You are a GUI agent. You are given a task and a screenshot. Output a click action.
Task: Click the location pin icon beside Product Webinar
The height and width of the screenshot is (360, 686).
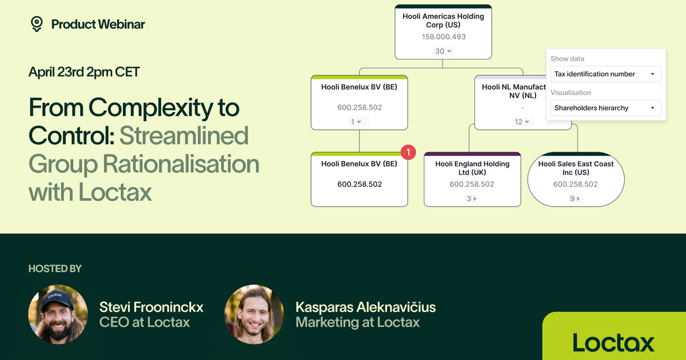[x=37, y=23]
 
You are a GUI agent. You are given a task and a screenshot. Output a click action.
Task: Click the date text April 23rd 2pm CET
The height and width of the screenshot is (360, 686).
[x=84, y=72]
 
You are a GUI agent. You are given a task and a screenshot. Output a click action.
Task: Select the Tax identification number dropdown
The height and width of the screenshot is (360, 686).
[x=605, y=74]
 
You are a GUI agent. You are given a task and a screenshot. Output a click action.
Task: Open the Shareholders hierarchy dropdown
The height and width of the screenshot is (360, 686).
[x=605, y=108]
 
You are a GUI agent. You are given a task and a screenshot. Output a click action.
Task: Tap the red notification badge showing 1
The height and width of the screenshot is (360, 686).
[x=408, y=152]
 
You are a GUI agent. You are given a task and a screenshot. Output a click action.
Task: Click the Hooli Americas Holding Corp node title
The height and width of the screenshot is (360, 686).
[x=443, y=21]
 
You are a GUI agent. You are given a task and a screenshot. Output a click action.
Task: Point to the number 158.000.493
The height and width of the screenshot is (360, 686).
[x=444, y=37]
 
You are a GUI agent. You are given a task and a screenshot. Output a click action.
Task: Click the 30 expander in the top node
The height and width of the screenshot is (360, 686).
[x=444, y=51]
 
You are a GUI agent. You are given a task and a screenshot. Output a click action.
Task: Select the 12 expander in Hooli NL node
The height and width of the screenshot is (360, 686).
[x=523, y=122]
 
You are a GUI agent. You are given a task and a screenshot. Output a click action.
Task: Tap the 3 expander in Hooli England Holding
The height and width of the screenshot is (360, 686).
[x=472, y=199]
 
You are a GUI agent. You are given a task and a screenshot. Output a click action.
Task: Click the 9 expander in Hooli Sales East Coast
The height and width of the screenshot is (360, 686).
[x=575, y=199]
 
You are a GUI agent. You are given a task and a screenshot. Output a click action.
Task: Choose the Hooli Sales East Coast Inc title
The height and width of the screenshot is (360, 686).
[x=576, y=168]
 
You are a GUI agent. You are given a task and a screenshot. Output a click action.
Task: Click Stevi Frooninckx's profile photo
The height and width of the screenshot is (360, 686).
[x=58, y=314]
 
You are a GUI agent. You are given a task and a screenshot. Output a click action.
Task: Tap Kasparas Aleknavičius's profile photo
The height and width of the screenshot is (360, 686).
[x=254, y=314]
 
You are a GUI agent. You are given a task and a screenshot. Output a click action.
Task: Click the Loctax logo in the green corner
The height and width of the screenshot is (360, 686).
[x=613, y=343]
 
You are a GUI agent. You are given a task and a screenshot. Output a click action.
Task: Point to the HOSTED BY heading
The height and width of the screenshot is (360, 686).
[x=55, y=269]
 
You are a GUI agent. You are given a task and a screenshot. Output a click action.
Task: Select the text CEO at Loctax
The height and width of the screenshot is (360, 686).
[x=144, y=322]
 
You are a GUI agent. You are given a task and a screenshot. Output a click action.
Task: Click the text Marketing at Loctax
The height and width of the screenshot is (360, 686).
[x=357, y=322]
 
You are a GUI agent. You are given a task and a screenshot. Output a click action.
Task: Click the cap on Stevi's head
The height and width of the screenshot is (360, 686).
[x=55, y=297]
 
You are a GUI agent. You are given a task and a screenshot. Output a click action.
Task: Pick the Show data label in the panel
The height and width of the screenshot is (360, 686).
[x=567, y=59]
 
